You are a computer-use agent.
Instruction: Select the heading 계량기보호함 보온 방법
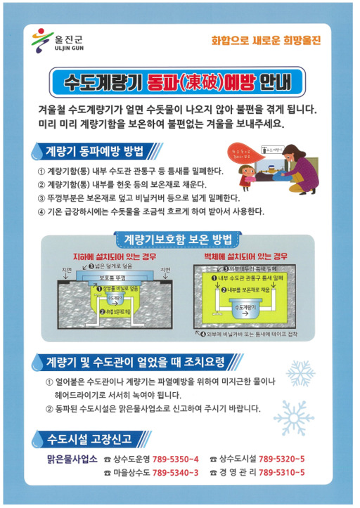pyautogui.click(x=178, y=240)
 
